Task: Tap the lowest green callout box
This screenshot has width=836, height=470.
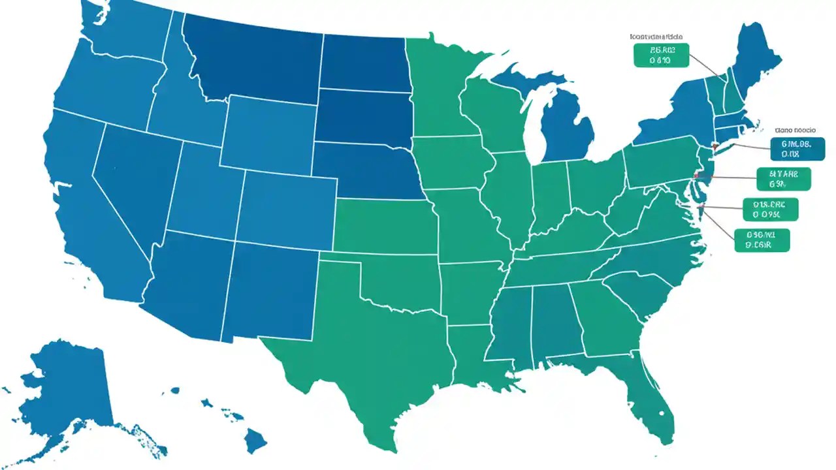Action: coord(762,240)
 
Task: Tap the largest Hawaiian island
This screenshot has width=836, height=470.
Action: coord(255,441)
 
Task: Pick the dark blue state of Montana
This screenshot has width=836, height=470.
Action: coord(255,59)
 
